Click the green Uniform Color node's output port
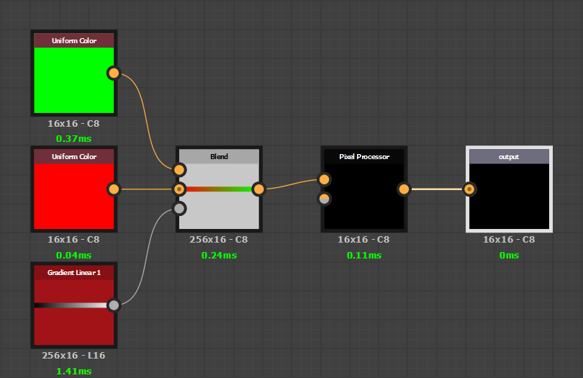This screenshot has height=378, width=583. (x=113, y=73)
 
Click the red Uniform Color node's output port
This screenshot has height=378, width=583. (x=113, y=189)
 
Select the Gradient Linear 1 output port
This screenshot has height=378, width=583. (x=113, y=305)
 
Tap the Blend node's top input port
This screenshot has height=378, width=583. (x=180, y=170)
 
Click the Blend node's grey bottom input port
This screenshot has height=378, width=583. (x=180, y=209)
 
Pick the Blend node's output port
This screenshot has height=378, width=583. (x=258, y=189)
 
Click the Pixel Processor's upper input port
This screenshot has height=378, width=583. (x=324, y=179)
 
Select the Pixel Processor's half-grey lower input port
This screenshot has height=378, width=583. (x=324, y=199)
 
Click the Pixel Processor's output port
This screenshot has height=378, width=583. (x=404, y=189)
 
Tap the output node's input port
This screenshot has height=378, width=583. (x=469, y=189)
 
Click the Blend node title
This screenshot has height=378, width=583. (x=219, y=156)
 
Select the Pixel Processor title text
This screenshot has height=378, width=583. (x=363, y=156)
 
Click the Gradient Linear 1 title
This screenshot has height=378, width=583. (x=73, y=273)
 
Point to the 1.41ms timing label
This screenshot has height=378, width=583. (x=73, y=371)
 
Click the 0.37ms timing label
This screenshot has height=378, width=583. (x=73, y=138)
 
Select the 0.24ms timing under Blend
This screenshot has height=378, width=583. (x=219, y=255)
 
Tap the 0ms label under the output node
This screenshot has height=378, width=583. (x=509, y=255)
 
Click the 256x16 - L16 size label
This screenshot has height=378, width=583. (x=73, y=356)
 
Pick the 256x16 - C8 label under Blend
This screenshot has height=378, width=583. (x=219, y=240)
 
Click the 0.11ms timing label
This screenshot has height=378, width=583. (x=363, y=255)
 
